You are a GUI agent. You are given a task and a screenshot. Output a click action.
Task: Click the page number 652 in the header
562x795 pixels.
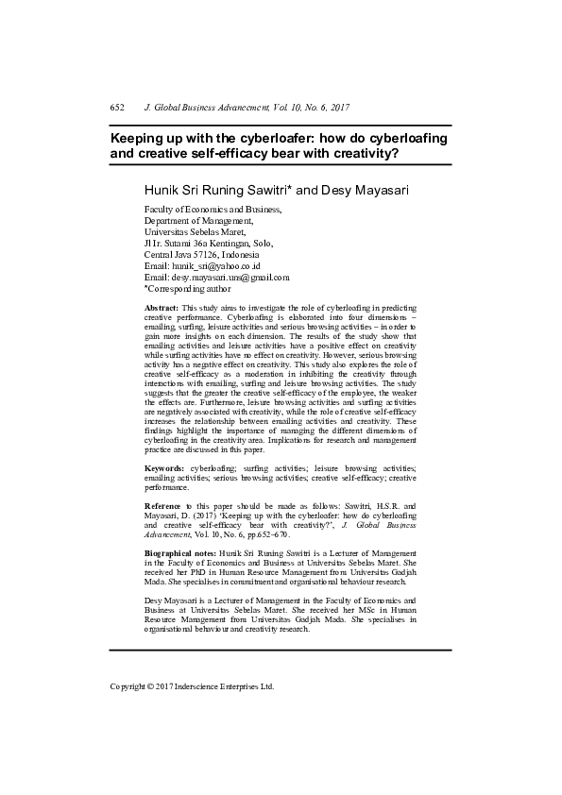[x=118, y=109]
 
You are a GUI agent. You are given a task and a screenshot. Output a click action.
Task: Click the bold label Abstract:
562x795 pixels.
[x=162, y=309]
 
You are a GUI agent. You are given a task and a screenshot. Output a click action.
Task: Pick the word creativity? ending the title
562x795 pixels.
[x=362, y=153]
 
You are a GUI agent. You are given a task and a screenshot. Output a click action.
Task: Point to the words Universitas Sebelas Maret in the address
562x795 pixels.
[x=194, y=232]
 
